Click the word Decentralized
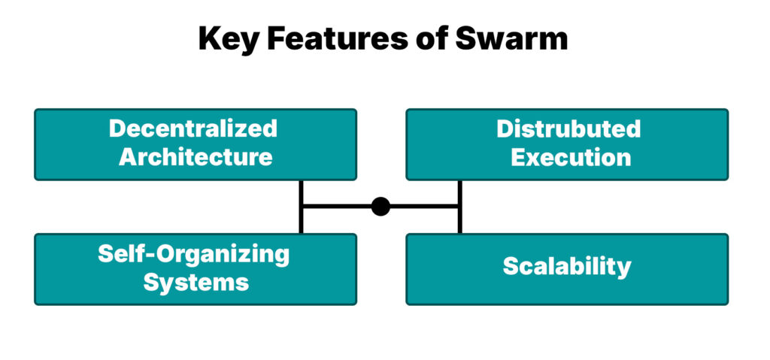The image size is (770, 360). tap(193, 129)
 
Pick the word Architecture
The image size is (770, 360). tap(196, 157)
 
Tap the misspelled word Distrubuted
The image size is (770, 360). tap(568, 129)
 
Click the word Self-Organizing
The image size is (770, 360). tap(193, 254)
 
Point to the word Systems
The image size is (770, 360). tap(196, 282)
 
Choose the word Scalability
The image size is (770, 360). tap(567, 267)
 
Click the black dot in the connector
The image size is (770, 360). tap(380, 206)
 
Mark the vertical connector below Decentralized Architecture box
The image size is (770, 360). tap(301, 207)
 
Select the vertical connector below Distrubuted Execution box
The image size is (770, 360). tap(459, 207)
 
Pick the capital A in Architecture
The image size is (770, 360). tap(129, 157)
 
